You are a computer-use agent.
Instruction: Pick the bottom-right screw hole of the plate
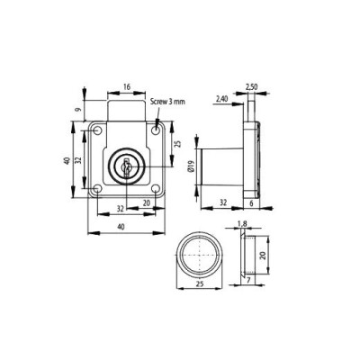(x=157, y=191)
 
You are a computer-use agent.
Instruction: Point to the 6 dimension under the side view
(x=251, y=204)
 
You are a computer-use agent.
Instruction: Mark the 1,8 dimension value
(x=240, y=226)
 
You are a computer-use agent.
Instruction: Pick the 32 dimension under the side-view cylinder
(x=222, y=204)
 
